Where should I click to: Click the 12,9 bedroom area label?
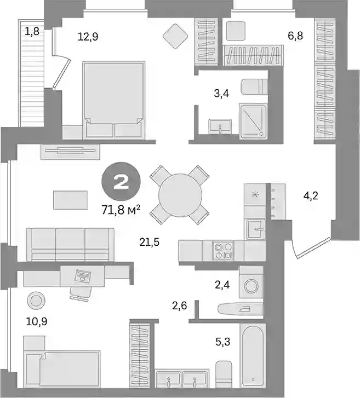coord(88,37)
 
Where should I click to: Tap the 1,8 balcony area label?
coord(32,31)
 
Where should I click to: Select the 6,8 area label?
coord(295,36)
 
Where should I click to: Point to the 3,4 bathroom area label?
coord(221,94)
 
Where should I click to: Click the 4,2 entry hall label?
coord(311,196)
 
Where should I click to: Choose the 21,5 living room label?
coord(150,242)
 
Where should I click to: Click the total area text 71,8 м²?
coord(121,210)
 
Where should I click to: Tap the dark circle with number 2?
coord(121,182)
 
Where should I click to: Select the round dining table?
coord(180,195)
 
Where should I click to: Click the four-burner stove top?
coord(223,251)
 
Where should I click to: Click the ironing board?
coord(240,309)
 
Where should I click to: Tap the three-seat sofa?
coord(70,244)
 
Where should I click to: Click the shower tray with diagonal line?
coord(253,121)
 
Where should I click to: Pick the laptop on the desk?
coord(83,276)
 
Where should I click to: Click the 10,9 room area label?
coord(37,321)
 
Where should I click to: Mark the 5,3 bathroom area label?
coord(223,342)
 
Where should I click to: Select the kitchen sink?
coord(256,229)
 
